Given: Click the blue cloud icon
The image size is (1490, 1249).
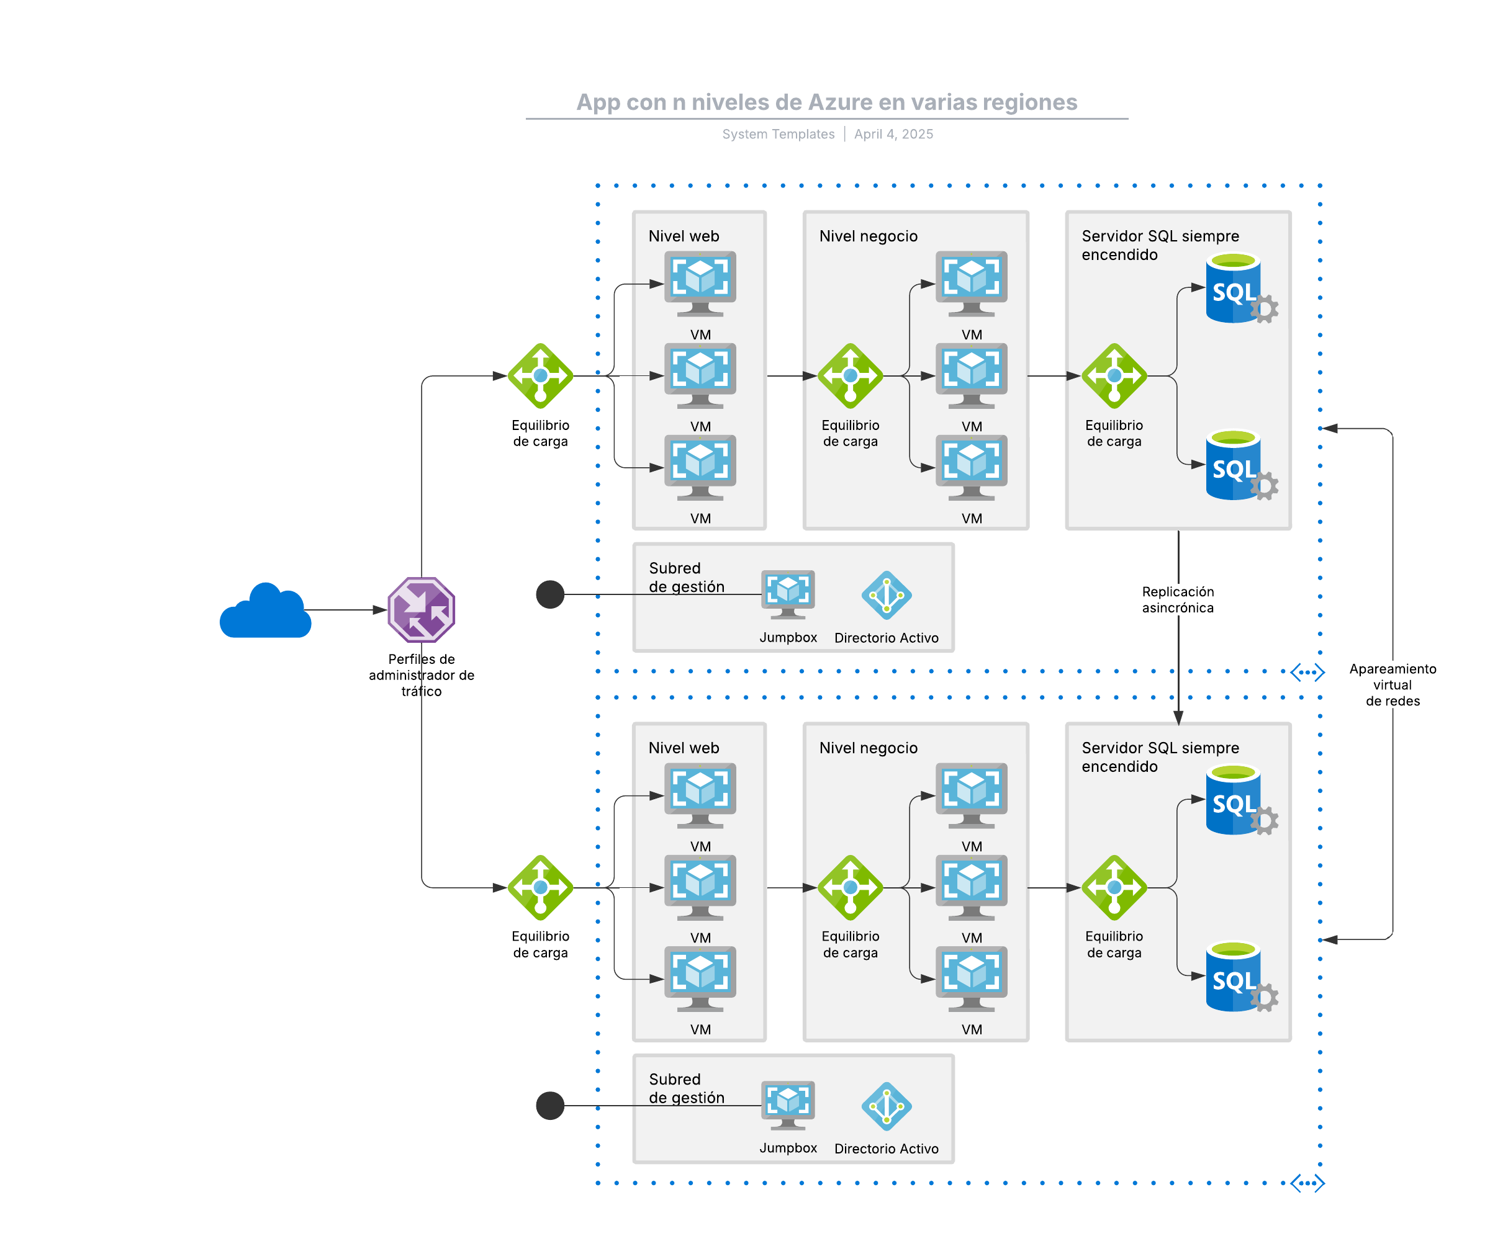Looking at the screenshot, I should click(265, 611).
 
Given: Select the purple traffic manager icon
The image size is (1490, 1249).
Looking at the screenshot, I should click(422, 610).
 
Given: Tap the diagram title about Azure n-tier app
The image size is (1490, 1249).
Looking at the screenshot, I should click(826, 102).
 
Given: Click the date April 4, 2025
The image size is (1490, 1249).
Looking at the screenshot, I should click(893, 134).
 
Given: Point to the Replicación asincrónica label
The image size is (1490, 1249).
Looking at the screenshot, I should click(1178, 599).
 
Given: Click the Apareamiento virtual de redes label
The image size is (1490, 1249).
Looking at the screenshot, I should click(1392, 684).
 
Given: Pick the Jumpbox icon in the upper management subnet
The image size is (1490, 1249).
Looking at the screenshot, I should click(788, 594).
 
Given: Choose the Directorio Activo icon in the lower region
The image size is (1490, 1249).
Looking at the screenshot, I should click(886, 1106).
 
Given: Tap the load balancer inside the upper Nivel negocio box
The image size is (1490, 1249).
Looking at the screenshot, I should click(850, 376).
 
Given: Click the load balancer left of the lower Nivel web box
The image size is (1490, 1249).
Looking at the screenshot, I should click(541, 887).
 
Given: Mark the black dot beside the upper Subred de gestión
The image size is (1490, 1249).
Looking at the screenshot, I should click(550, 594).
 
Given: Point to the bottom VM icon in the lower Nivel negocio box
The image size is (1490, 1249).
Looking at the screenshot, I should click(972, 978).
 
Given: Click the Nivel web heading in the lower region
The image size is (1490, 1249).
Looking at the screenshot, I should click(684, 748).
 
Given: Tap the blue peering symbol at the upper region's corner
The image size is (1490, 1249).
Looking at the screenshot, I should click(1307, 672).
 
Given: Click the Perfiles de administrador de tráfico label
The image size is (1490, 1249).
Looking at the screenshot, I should click(422, 675).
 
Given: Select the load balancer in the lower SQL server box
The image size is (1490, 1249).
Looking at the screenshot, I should click(1114, 887).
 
